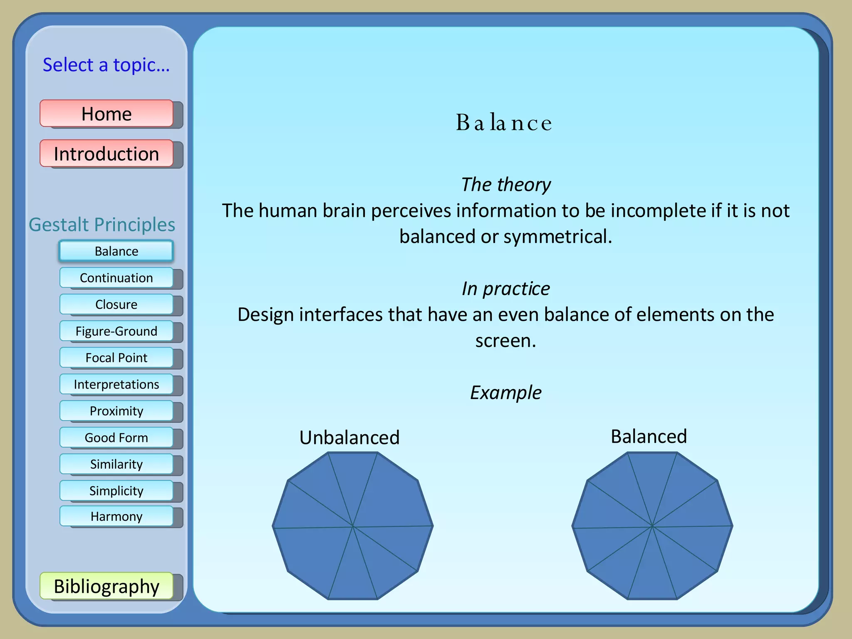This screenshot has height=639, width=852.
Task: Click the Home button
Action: point(106,114)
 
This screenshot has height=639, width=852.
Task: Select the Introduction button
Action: point(106,154)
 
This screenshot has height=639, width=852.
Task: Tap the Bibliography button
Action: point(106,586)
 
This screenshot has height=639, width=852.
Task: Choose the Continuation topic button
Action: point(116,277)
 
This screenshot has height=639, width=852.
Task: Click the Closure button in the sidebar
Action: point(116,304)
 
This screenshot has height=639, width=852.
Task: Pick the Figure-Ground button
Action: point(116,331)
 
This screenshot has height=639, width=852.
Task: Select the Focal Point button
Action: point(116,357)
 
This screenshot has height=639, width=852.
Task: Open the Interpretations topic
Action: point(116,384)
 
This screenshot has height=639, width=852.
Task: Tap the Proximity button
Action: point(116,411)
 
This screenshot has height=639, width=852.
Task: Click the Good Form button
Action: point(116,437)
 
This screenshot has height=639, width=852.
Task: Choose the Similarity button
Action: point(116,464)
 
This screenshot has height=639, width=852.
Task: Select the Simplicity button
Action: point(116,490)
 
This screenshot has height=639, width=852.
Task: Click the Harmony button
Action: point(116,516)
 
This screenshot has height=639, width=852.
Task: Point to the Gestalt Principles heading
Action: point(102,225)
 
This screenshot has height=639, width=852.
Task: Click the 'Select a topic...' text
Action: point(106,65)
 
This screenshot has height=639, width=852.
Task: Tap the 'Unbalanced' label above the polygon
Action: point(349,437)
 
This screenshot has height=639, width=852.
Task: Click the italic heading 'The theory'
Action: point(506,184)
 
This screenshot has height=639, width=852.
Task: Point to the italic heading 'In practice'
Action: point(506,288)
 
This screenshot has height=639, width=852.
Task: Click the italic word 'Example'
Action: point(506,392)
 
